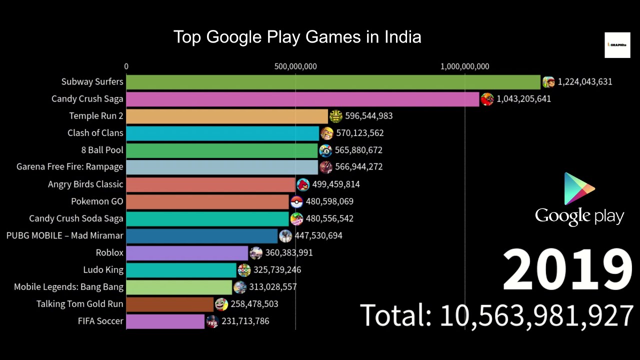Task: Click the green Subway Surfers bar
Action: click(x=333, y=82)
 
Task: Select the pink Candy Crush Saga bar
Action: click(x=302, y=99)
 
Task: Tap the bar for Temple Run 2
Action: click(x=227, y=116)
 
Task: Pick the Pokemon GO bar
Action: click(x=207, y=201)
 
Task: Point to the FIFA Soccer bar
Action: click(x=165, y=321)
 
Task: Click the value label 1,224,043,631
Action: click(x=584, y=82)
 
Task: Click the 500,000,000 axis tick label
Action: click(x=295, y=66)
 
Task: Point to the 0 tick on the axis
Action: click(x=126, y=66)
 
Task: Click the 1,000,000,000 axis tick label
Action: click(x=465, y=66)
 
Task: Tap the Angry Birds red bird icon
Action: click(x=303, y=184)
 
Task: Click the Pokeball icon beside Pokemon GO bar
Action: click(x=296, y=201)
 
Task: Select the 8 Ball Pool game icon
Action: click(x=325, y=150)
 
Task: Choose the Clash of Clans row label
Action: click(x=95, y=133)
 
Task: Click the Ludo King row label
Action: click(x=103, y=270)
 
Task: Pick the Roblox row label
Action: click(x=109, y=253)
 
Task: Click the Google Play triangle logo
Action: click(x=579, y=189)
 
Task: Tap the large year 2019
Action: click(x=567, y=270)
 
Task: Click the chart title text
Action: click(x=297, y=37)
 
